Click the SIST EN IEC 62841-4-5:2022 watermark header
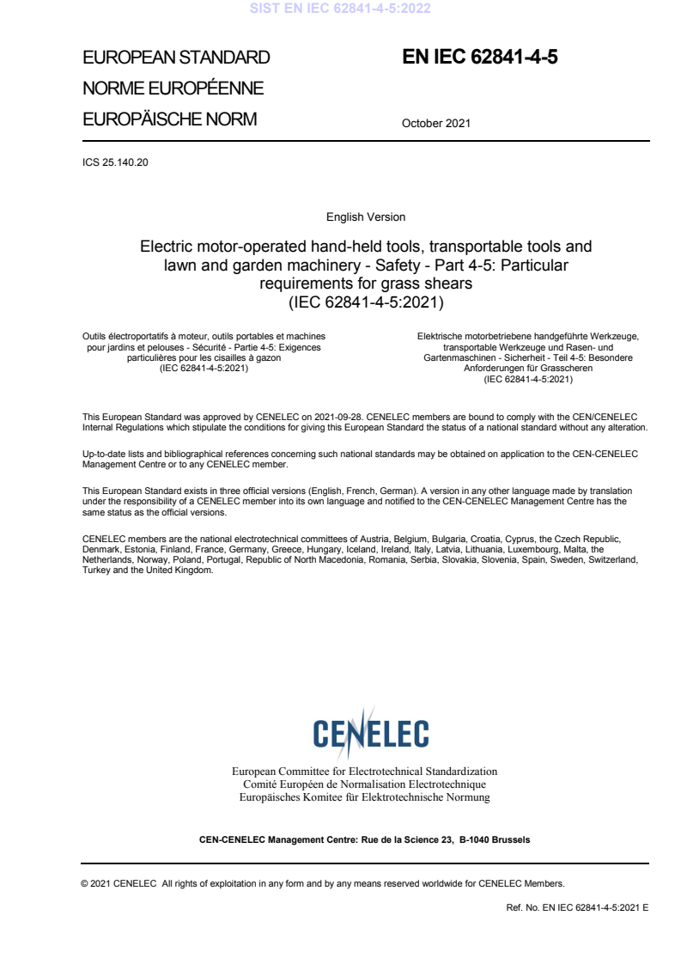[x=340, y=9]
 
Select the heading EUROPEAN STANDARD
[x=176, y=58]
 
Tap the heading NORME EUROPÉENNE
[x=173, y=88]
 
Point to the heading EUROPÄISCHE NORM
[x=169, y=119]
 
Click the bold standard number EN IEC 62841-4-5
[x=486, y=57]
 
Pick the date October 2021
[x=436, y=124]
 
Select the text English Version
[x=366, y=217]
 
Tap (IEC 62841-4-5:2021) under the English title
[x=366, y=302]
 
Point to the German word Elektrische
[x=440, y=337]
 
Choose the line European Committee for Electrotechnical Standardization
[x=365, y=772]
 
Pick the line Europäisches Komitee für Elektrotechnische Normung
[x=365, y=797]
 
